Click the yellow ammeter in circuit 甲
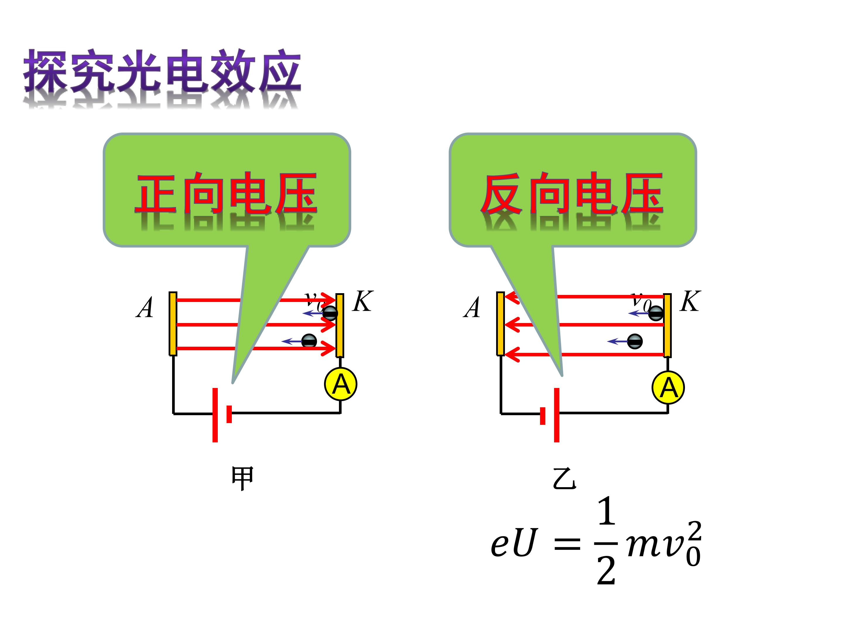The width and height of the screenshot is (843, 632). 341,384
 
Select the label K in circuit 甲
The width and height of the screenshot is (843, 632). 362,301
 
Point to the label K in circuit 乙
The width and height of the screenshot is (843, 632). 690,301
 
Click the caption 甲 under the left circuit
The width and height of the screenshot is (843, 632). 242,478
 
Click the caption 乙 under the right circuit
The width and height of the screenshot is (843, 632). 564,478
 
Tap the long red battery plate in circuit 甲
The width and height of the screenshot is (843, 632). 215,415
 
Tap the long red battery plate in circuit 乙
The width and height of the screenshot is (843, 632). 557,415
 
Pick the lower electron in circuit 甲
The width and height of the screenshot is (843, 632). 309,341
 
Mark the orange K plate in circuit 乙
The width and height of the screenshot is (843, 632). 667,325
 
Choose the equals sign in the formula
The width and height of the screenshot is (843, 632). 567,544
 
